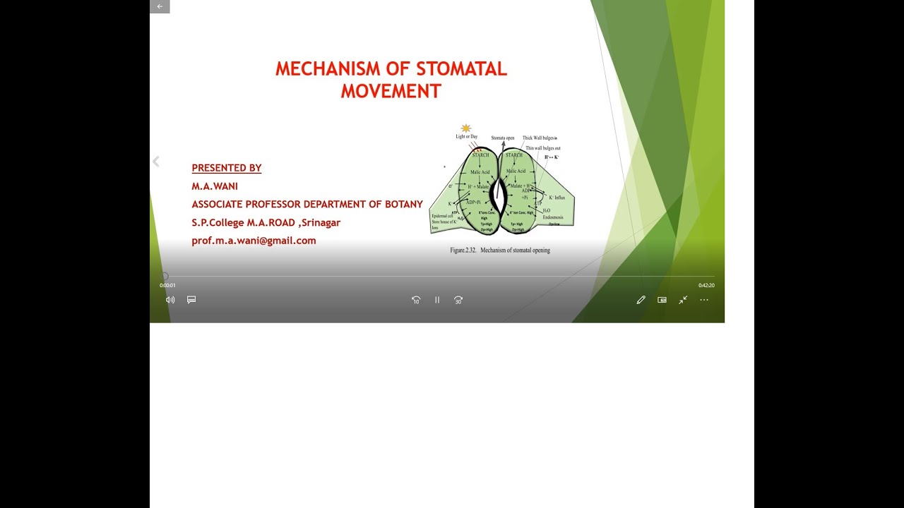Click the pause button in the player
437,300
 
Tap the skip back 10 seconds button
416,300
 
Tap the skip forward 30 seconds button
458,300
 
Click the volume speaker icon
170,300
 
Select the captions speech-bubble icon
191,300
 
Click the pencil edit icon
641,300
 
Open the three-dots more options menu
704,300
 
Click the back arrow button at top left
160,6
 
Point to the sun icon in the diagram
465,128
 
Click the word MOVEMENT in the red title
391,91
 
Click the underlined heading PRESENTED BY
227,168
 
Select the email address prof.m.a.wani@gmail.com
254,241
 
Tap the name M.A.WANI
215,186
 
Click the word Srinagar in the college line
321,222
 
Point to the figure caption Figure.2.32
464,250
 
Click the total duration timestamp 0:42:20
706,286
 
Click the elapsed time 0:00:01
167,286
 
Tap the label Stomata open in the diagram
502,138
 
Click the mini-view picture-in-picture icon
662,300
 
